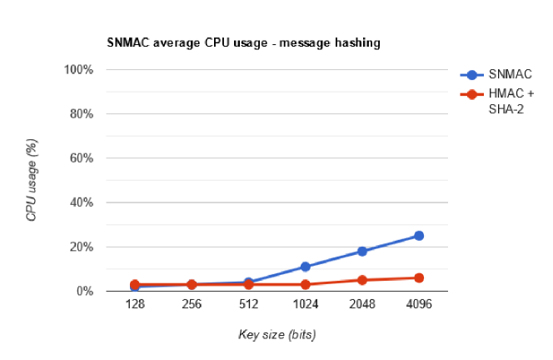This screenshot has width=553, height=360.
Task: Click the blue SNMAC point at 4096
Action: click(419, 236)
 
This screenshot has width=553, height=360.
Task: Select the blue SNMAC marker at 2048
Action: click(362, 251)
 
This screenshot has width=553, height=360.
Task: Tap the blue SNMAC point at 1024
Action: click(306, 267)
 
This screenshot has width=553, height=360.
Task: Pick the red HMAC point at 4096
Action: click(419, 277)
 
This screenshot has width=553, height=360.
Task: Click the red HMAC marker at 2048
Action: click(362, 280)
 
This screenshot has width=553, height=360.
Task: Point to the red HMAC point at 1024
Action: click(306, 285)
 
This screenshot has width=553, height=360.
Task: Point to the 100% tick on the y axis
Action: click(78, 69)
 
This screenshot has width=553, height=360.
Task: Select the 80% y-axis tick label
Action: click(81, 113)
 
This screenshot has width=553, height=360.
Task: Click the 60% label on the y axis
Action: click(81, 158)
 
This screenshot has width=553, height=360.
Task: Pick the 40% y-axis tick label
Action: click(81, 202)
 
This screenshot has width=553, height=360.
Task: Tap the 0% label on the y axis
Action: click(84, 292)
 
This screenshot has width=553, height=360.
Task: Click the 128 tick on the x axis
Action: click(135, 306)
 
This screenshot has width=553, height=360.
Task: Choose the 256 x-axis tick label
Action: click(192, 306)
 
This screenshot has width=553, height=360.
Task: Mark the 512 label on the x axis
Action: click(248, 306)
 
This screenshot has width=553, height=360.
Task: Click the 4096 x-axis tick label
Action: click(419, 306)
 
